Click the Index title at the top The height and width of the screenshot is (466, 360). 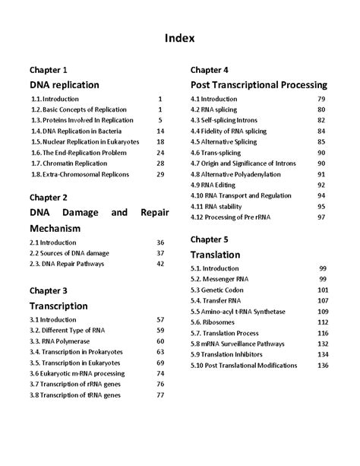[x=180, y=37]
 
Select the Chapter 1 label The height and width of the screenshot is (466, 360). [x=49, y=68]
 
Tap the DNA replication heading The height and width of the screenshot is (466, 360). [x=65, y=84]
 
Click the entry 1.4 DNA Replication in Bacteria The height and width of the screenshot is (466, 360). [x=77, y=131]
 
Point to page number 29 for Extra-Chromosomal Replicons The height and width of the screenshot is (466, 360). [x=160, y=174]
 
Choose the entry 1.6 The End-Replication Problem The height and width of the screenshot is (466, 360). [x=79, y=152]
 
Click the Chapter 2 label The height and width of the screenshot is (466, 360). [x=49, y=196]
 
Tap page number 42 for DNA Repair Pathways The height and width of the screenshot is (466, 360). [x=160, y=263]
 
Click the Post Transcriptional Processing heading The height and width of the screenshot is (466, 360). [x=259, y=84]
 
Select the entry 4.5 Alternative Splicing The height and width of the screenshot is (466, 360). [x=229, y=141]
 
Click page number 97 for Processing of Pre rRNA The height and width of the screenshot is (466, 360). [x=321, y=217]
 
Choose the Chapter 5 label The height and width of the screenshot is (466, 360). [x=210, y=239]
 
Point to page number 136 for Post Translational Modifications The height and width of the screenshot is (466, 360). [x=323, y=365]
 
